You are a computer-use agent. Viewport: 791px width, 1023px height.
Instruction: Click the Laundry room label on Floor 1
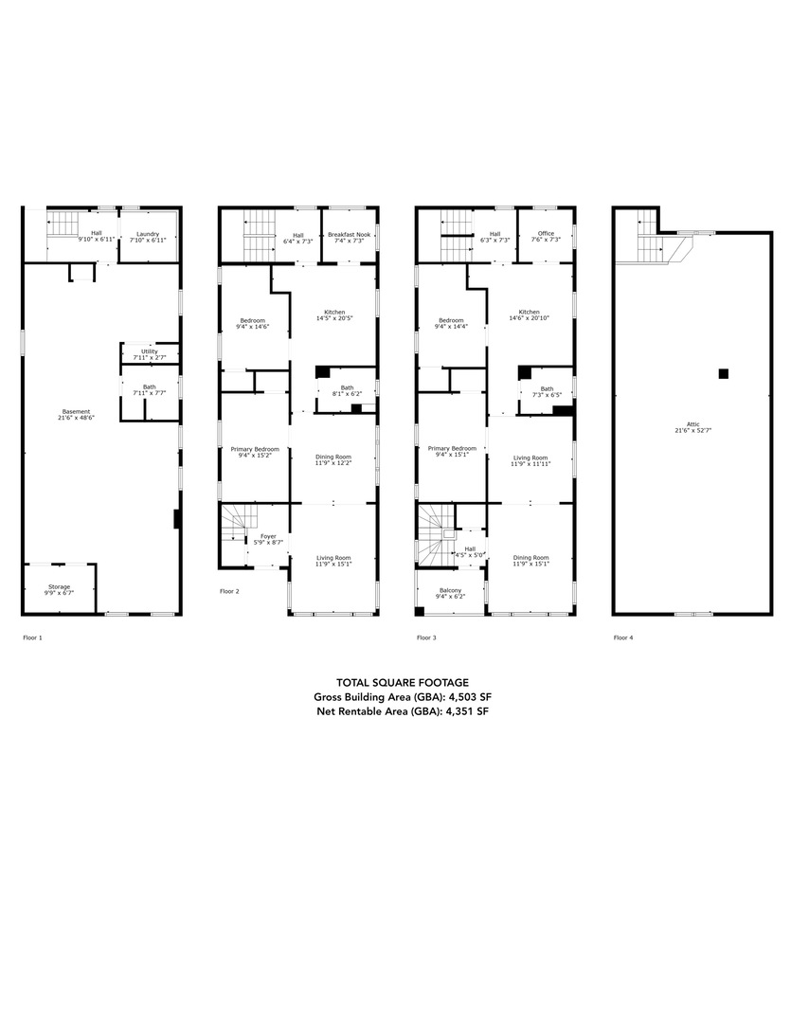coord(147,233)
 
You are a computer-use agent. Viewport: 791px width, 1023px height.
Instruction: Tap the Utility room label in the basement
coord(150,351)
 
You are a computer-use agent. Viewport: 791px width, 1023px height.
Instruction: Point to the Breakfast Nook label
coord(349,233)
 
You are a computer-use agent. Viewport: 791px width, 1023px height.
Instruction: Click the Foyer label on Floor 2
coord(267,536)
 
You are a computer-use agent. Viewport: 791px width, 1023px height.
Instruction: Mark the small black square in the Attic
coord(723,373)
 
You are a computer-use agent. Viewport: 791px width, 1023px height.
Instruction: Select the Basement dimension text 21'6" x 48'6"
coord(77,418)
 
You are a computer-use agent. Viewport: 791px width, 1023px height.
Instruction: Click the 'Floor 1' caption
coord(32,637)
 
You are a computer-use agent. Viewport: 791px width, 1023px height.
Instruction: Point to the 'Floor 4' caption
coord(623,637)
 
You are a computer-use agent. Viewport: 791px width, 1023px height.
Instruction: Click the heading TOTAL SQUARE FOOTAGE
coord(402,682)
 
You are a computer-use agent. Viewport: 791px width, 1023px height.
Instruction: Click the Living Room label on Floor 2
coord(333,558)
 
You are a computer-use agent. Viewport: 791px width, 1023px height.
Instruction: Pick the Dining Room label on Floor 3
coord(530,558)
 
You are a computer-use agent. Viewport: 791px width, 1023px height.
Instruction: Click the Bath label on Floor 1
coord(150,386)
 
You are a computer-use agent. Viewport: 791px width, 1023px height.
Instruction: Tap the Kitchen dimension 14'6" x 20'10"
coord(529,318)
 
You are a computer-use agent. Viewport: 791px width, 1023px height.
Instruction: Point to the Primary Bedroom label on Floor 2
coord(255,448)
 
